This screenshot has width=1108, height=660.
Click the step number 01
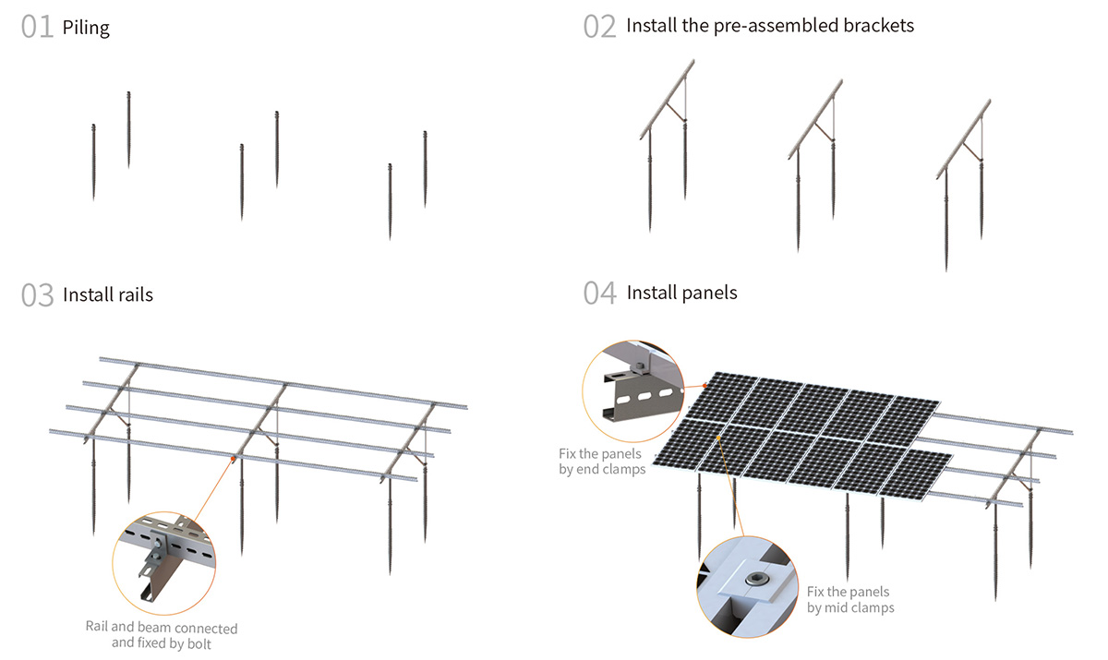coord(38,27)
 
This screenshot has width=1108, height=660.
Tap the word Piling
coord(86,28)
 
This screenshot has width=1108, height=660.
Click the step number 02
coord(599,26)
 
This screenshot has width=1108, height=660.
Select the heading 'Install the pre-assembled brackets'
coord(770,26)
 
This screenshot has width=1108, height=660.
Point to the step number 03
coord(38,295)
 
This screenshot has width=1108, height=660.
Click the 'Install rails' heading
coord(108,295)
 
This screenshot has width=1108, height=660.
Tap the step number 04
coord(600,293)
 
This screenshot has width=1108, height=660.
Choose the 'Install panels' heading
coord(682,293)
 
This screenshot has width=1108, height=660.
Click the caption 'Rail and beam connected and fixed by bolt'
coord(161,635)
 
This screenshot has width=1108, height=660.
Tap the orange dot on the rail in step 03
coord(234,458)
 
